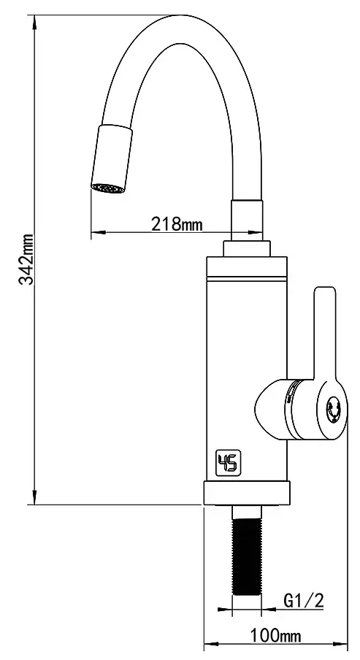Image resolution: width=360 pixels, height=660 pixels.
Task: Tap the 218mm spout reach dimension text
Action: point(176,224)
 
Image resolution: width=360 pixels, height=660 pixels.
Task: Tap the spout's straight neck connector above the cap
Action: point(246,219)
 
